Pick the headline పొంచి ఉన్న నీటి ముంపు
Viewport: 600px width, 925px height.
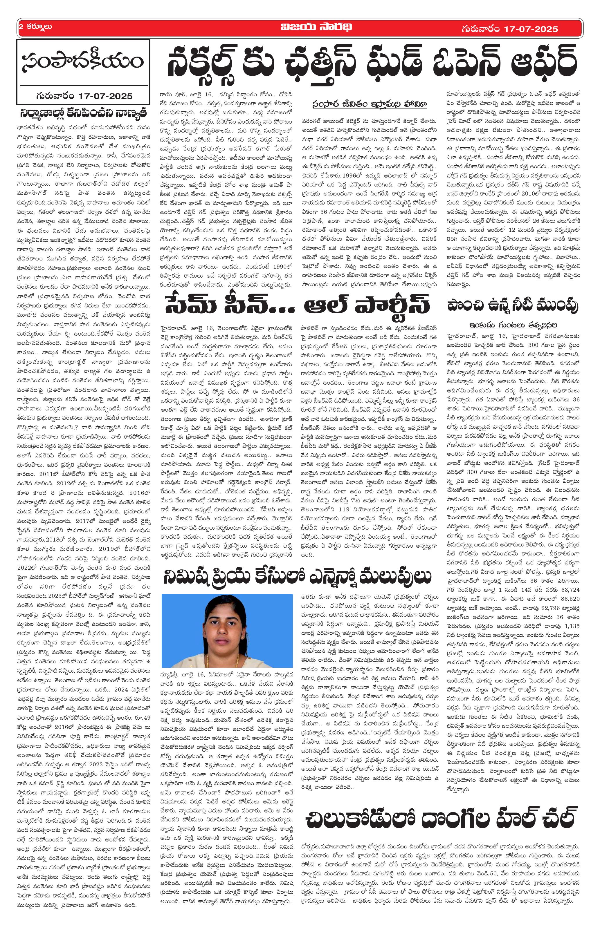pyautogui.click(x=513, y=306)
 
